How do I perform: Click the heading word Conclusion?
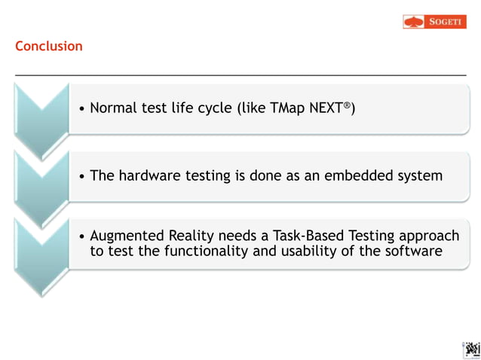49,47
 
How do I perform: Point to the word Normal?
114,108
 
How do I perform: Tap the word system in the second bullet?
418,176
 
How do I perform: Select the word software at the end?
413,252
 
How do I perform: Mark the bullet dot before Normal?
81,109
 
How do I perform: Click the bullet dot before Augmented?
81,236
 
